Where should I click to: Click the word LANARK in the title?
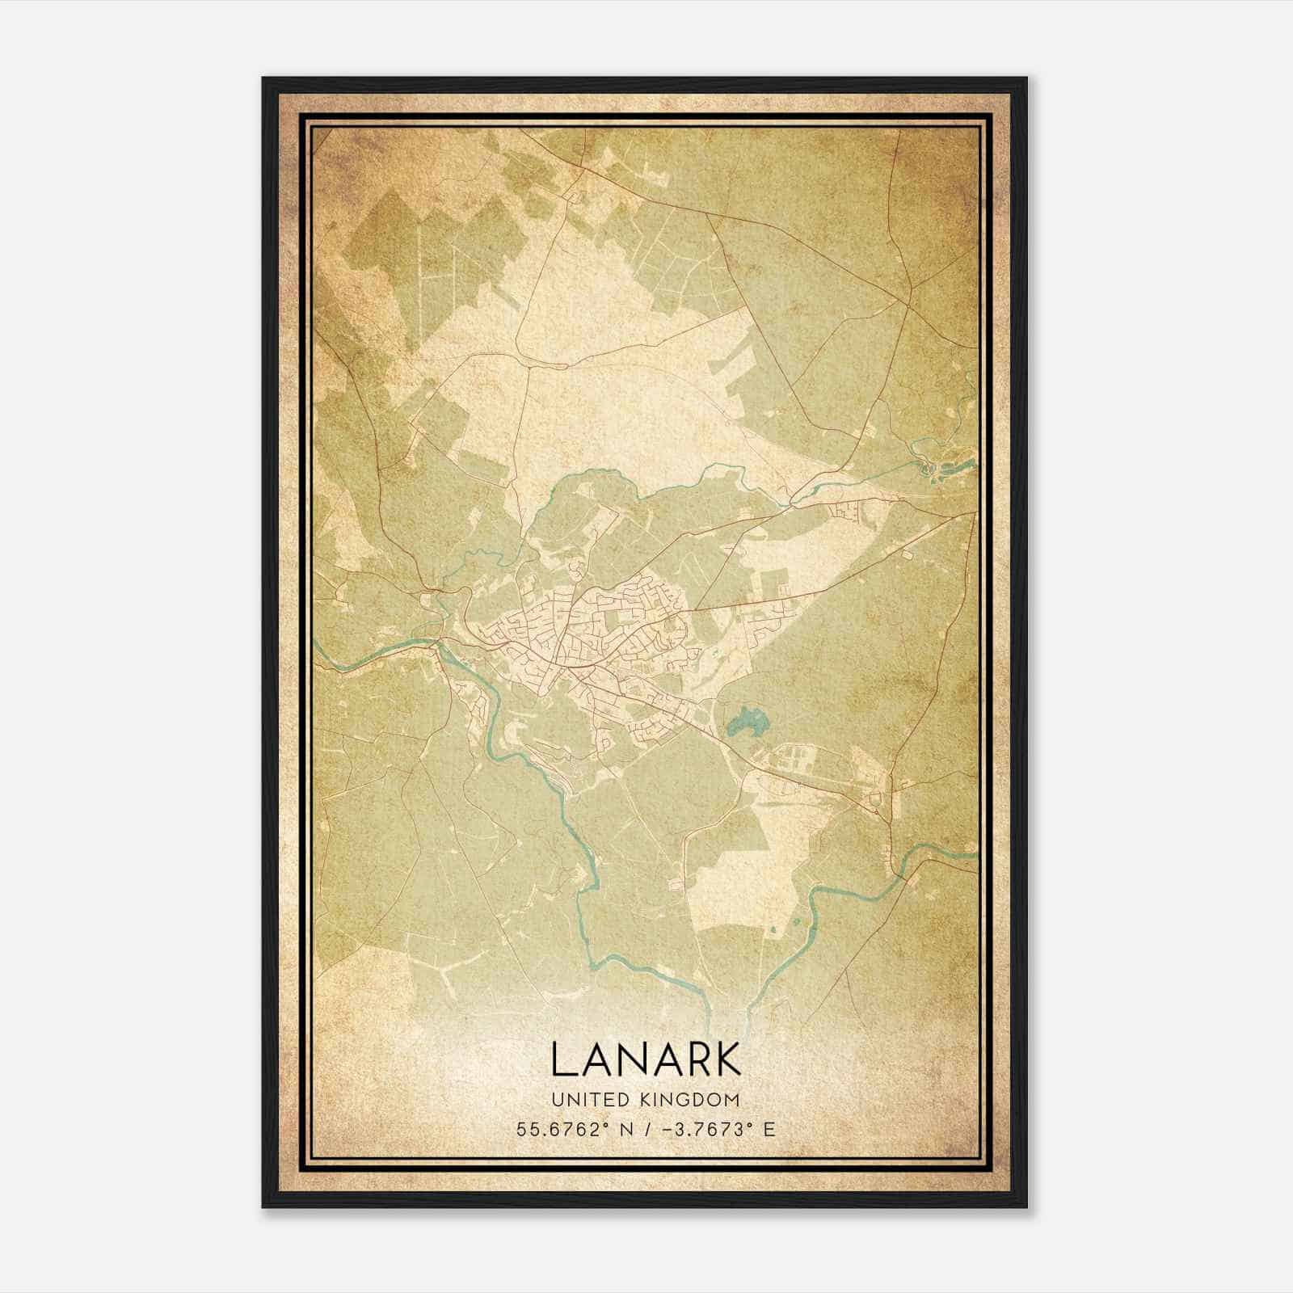[x=646, y=1059]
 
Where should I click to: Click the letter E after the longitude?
[x=769, y=1129]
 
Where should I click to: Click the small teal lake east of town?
[x=747, y=720]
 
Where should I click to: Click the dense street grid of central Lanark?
[x=582, y=638]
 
